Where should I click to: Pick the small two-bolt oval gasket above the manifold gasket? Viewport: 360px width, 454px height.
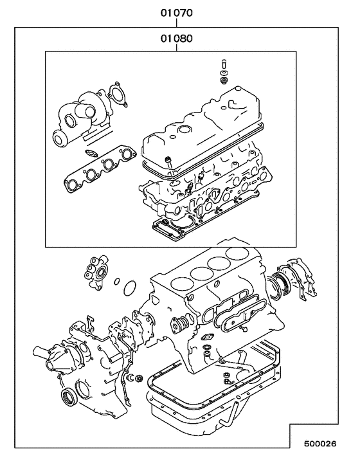click(92, 153)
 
